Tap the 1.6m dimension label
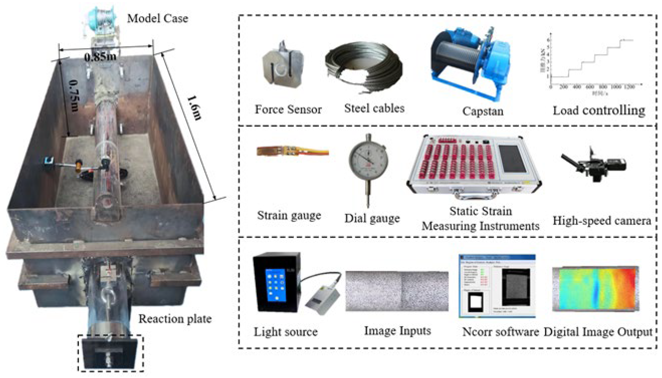tap(194, 108)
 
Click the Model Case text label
tap(158, 18)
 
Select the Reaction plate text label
tap(175, 319)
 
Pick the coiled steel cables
tap(363, 68)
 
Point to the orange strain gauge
tap(292, 152)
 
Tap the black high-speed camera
tap(594, 165)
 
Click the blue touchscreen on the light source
tap(275, 284)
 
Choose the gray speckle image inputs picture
tap(397, 291)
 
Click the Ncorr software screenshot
tap(497, 286)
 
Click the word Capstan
tap(483, 111)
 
